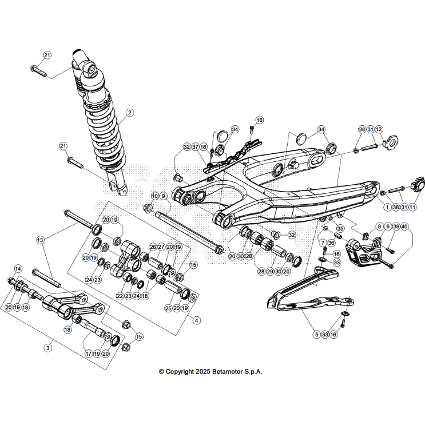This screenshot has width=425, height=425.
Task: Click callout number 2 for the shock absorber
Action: [130, 113]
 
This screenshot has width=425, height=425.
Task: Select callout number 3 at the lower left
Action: [48, 347]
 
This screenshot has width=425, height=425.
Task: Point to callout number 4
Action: [197, 320]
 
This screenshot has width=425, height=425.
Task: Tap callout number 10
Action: [154, 196]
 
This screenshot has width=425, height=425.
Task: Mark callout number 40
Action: [404, 227]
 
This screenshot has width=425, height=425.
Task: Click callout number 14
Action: [18, 268]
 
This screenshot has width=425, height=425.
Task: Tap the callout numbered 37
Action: [195, 147]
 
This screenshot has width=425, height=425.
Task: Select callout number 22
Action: [120, 296]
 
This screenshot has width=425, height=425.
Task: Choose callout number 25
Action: [168, 308]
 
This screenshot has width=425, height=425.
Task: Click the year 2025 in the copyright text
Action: [202, 371]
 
